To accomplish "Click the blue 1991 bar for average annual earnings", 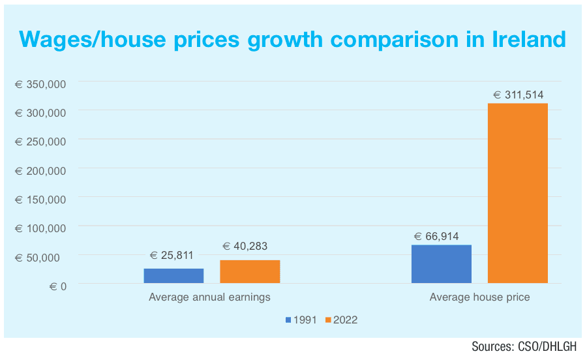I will point(173,276).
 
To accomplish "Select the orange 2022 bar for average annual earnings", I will point(250,271).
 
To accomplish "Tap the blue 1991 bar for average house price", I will point(442,264).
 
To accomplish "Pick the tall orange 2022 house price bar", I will point(518,193).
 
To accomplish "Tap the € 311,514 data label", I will point(518,95).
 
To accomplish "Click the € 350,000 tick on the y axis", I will point(41,84).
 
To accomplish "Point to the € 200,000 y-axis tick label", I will point(41,170).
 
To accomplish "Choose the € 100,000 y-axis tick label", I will point(41,228).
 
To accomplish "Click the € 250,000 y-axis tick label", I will point(41,142).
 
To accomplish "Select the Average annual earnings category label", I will point(209,297).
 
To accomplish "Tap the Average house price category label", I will point(479,297).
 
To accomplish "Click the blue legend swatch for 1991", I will point(288,320).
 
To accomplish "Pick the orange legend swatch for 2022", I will point(329,320).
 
